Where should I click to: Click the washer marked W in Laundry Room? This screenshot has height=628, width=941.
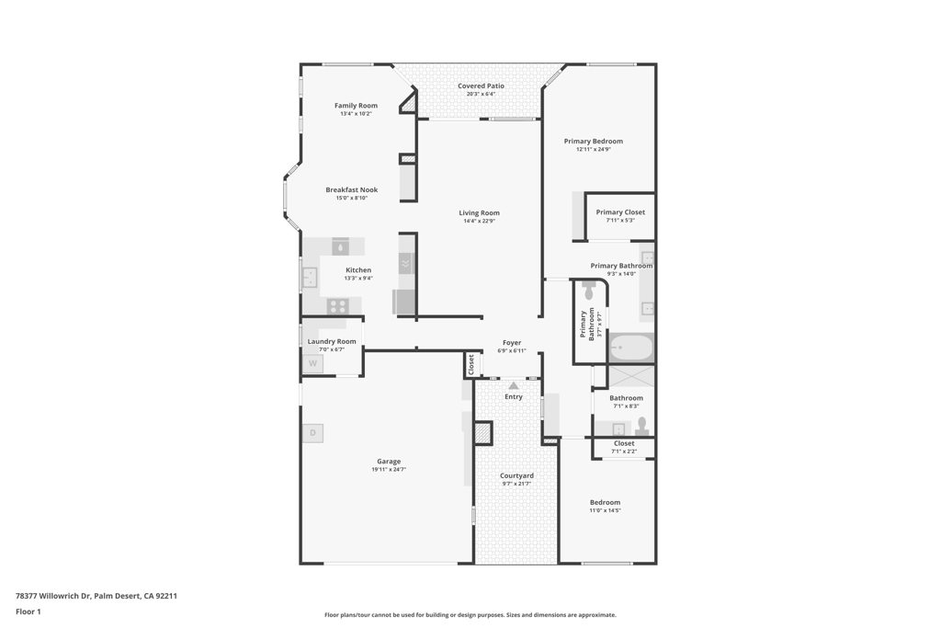(x=312, y=363)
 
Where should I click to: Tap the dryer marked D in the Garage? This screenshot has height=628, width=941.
(x=312, y=433)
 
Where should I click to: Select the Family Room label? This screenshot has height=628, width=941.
(x=356, y=106)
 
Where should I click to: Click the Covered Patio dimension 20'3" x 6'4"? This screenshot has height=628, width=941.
(x=481, y=94)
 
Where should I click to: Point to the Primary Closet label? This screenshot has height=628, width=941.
(x=620, y=212)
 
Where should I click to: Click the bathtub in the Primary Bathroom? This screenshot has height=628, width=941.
(x=631, y=348)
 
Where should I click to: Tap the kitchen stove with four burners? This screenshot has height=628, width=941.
(x=338, y=306)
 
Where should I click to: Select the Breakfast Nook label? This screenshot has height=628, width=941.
(x=351, y=190)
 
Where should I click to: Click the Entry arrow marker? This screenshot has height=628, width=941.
(x=513, y=386)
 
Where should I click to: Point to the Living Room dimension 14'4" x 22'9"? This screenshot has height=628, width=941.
(x=479, y=221)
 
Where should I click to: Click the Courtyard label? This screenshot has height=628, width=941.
(x=516, y=475)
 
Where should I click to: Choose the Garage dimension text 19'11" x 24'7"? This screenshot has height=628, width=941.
(x=389, y=470)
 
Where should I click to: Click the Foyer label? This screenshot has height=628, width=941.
(x=512, y=343)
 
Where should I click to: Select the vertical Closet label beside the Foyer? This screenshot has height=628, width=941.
(x=471, y=364)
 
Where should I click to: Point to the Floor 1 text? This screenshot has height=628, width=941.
(x=28, y=611)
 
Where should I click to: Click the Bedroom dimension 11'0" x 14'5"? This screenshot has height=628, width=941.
(x=605, y=510)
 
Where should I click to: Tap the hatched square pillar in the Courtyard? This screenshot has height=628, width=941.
(x=483, y=432)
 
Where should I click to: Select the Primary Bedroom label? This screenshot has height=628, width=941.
(x=593, y=142)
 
